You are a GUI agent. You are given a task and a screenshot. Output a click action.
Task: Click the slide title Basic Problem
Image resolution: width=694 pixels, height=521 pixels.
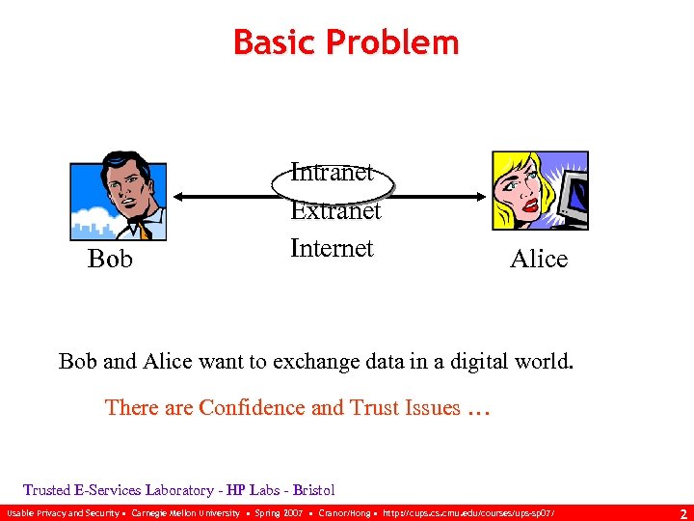tap(346, 42)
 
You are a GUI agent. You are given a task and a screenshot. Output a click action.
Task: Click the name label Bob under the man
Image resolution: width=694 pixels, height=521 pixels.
tap(110, 260)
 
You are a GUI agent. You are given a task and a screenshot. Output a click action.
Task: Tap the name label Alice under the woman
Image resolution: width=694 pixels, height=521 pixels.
tap(538, 259)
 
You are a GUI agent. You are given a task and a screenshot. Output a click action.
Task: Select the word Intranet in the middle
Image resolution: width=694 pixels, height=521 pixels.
tap(333, 173)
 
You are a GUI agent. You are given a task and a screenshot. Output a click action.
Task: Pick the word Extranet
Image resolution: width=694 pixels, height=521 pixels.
tap(335, 210)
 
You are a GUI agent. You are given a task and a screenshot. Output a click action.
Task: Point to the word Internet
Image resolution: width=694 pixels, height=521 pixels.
tap(332, 248)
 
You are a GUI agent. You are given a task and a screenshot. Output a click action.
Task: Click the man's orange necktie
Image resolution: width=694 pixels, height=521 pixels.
tap(143, 230)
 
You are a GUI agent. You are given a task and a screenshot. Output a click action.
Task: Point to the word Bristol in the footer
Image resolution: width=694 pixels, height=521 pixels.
tap(313, 490)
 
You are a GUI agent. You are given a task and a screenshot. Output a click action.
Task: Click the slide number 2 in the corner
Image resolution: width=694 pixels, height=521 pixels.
tap(682, 513)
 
